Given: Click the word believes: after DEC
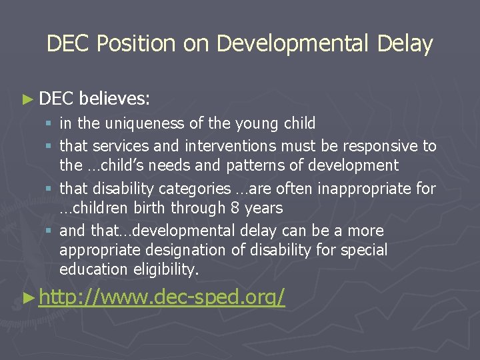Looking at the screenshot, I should click(115, 99).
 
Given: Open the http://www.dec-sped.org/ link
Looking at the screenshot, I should click(162, 297).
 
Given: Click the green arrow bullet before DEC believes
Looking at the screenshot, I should click(27, 99).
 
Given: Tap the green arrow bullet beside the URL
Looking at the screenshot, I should click(27, 297).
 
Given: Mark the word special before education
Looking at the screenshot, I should click(363, 251).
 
